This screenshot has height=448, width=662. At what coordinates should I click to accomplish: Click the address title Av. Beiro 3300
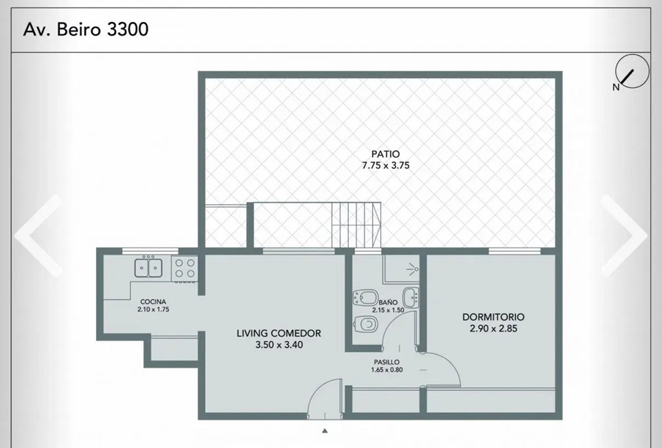(86, 30)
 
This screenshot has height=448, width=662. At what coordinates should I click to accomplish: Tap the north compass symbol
(632, 72)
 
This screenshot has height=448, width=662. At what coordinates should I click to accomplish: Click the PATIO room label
(385, 154)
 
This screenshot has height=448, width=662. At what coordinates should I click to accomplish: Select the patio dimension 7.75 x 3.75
(385, 165)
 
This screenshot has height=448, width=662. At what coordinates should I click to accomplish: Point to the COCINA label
(153, 302)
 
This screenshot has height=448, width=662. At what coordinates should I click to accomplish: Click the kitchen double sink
(148, 268)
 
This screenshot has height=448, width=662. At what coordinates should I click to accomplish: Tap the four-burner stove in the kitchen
(185, 268)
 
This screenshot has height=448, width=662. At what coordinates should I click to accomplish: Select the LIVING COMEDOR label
(279, 333)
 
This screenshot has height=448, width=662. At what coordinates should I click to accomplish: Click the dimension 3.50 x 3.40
(279, 344)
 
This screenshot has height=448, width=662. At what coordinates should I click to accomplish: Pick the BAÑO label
(387, 303)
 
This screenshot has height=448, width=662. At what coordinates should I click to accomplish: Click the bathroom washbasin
(411, 297)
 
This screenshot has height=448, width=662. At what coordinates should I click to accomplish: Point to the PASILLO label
(387, 362)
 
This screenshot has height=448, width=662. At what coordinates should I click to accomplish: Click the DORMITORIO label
(493, 317)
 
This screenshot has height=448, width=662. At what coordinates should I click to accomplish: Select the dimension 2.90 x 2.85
(493, 328)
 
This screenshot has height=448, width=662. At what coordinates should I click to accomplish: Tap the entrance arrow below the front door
(325, 431)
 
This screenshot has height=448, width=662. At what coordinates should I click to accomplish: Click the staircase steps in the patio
(356, 225)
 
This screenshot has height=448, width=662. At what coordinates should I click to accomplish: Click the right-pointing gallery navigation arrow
(624, 235)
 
